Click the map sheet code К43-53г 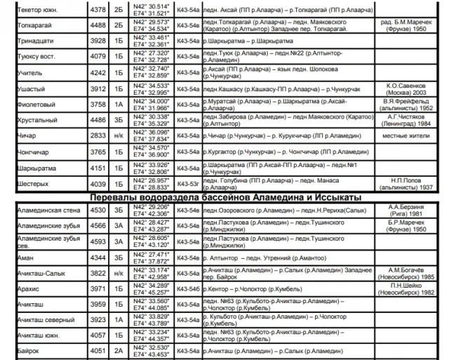click(188, 185)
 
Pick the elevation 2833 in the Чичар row click(98, 135)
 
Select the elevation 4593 click(98, 241)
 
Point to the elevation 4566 click(98, 225)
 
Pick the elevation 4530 click(98, 209)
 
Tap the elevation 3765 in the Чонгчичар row click(98, 151)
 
